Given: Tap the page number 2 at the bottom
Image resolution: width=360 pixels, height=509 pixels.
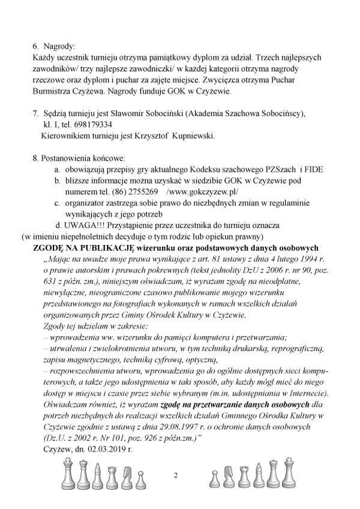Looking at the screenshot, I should click(176, 476).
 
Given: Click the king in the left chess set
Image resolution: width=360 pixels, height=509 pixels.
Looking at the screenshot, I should click(68, 474).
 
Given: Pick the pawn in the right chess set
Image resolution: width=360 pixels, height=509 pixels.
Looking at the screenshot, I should click(213, 479).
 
